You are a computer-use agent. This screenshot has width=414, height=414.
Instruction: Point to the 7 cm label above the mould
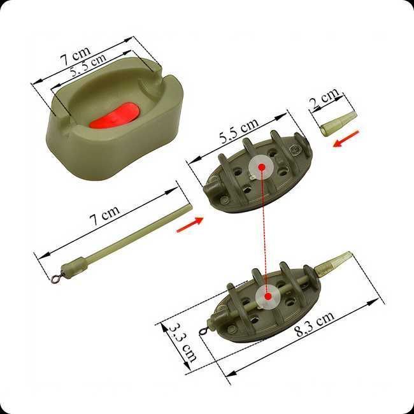click(x=75, y=56)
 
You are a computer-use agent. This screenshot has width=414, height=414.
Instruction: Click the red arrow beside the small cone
click(x=346, y=138)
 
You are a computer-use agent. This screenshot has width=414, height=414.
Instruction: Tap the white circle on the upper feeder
click(x=262, y=168)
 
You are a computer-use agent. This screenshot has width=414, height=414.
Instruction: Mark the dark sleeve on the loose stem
click(x=76, y=264)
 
